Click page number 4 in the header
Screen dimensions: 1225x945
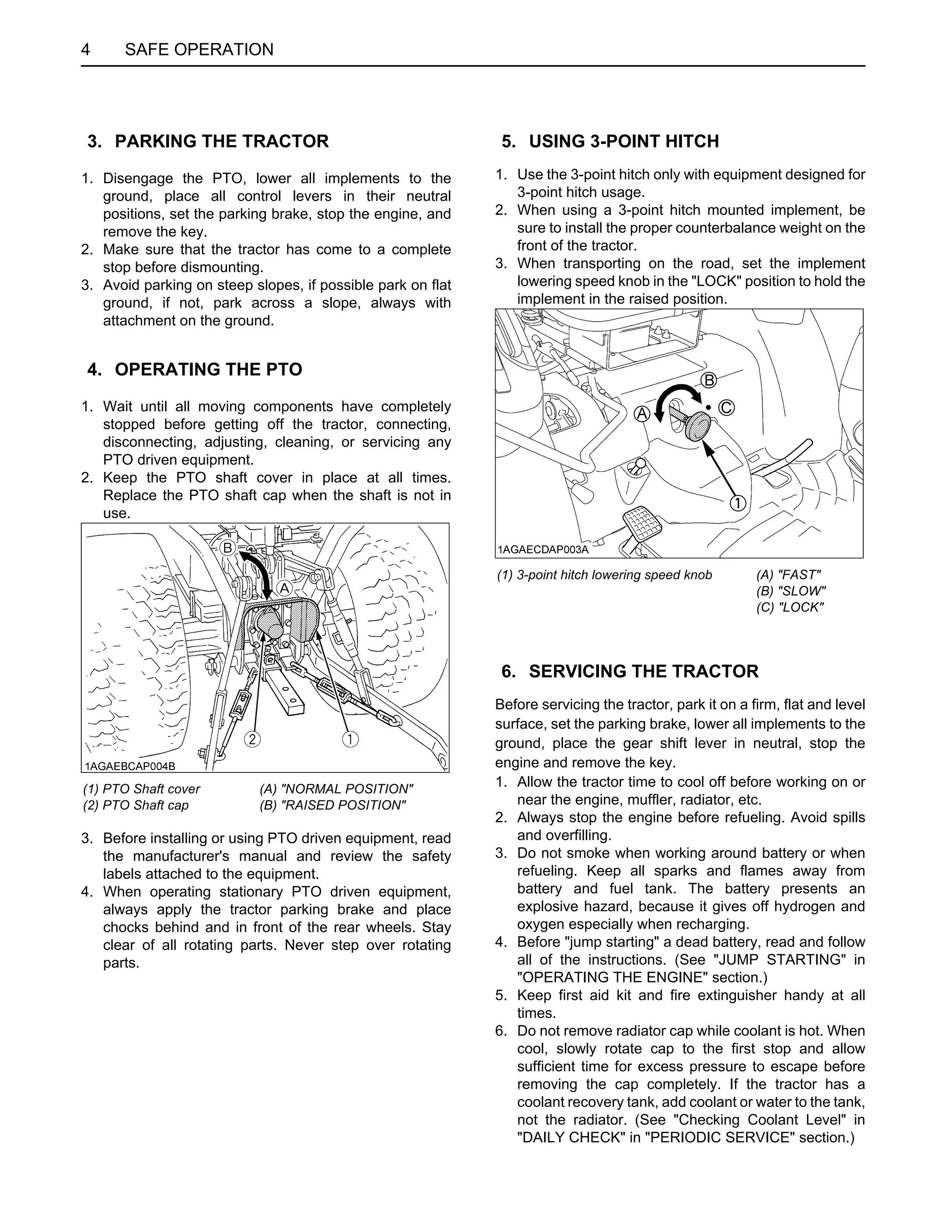coord(85,49)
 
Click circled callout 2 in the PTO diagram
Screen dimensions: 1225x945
coord(252,739)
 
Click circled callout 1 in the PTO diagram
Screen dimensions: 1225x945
coord(350,739)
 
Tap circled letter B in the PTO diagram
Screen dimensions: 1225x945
coord(227,547)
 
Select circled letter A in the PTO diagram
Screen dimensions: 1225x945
coord(284,588)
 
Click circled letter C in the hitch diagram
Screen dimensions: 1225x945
coord(726,407)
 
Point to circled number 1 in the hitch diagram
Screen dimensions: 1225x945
coord(737,503)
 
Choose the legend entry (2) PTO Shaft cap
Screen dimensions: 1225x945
coord(136,806)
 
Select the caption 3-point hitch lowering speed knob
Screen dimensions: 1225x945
coord(604,575)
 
